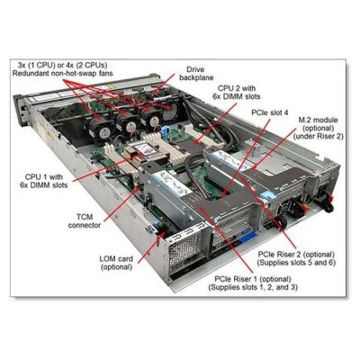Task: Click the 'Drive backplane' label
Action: click(x=196, y=74)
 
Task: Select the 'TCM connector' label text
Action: click(x=85, y=220)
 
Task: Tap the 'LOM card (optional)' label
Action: click(x=116, y=263)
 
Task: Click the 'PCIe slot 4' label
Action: click(x=270, y=112)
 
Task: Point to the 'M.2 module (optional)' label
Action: click(x=318, y=124)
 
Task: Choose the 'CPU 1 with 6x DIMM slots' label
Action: click(x=46, y=181)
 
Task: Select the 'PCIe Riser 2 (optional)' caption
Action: click(x=296, y=255)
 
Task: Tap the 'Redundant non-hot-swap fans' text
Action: click(x=63, y=73)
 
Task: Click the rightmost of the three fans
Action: click(x=151, y=120)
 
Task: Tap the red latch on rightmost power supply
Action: click(x=331, y=198)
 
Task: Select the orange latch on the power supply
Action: click(x=302, y=207)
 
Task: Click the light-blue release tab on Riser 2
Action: click(x=269, y=195)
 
